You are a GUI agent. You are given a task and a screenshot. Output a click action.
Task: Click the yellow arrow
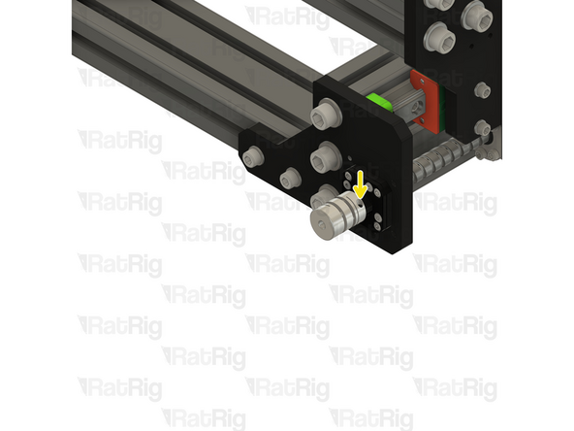pos(361,183)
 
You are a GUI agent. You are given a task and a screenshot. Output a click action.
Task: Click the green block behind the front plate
pos(379,101)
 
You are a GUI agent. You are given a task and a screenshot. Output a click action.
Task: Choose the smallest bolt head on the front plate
pos(289,179)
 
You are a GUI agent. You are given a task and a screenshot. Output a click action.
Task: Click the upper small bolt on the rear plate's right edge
pos(482,91)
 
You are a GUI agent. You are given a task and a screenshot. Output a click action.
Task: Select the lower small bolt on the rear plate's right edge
pos(482,127)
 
